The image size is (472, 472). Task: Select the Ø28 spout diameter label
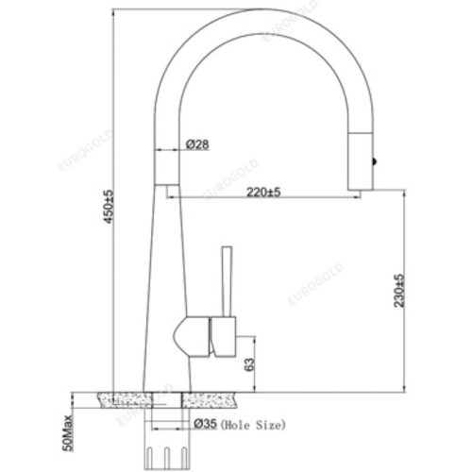click(x=198, y=143)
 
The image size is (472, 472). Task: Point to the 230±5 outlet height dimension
click(x=399, y=291)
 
